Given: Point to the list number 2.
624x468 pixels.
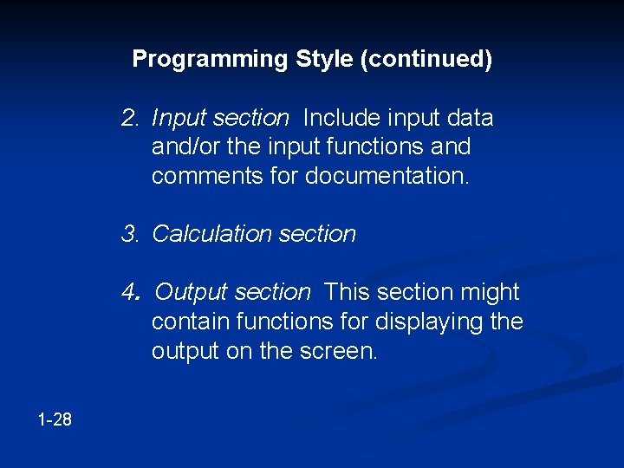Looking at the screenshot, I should pos(131,118).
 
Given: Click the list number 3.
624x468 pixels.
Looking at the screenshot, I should pos(131,234).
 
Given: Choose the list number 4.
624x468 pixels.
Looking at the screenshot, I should pos(131,293).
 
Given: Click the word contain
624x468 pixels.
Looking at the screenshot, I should pos(185,322).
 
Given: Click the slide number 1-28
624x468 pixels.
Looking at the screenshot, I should pos(55,420).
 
